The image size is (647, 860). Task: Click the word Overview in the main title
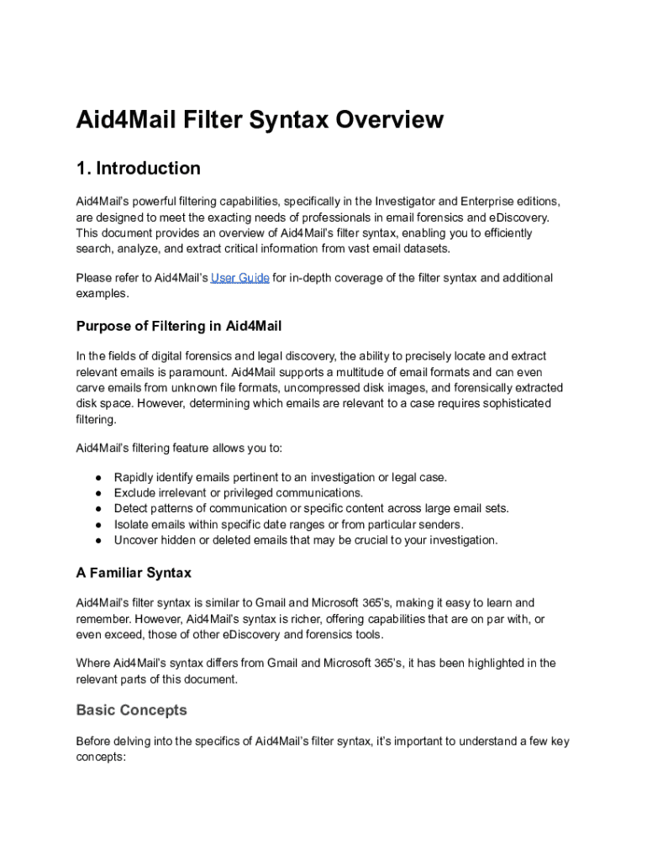click(x=390, y=120)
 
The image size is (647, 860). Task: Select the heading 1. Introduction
click(x=139, y=168)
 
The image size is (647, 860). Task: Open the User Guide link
click(x=239, y=278)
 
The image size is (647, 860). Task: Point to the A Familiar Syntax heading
click(x=134, y=573)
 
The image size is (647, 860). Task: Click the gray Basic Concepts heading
click(x=132, y=711)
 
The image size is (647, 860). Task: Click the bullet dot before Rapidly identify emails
click(x=98, y=477)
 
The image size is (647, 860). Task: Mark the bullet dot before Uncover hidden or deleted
click(x=98, y=540)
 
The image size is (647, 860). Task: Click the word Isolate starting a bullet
click(x=132, y=524)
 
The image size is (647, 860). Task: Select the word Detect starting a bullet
click(x=131, y=508)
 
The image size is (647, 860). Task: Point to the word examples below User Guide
click(x=102, y=294)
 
